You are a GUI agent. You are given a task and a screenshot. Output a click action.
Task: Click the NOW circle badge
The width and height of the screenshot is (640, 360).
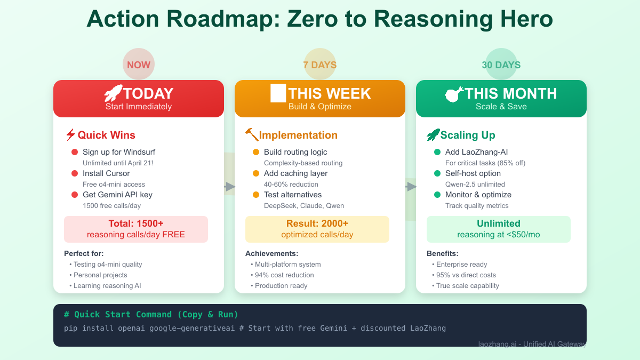(139, 65)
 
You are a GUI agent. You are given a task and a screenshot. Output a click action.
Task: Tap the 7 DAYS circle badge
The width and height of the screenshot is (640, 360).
(320, 65)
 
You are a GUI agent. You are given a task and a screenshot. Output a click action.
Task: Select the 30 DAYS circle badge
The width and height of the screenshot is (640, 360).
(501, 65)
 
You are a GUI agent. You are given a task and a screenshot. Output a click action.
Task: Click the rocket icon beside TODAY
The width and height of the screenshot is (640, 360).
(113, 93)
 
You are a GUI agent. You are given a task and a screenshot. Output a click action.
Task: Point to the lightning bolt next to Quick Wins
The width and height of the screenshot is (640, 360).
(70, 135)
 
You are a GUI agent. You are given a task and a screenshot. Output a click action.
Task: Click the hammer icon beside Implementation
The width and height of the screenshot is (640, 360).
(252, 135)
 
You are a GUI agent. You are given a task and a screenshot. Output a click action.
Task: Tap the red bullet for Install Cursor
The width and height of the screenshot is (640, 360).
(75, 173)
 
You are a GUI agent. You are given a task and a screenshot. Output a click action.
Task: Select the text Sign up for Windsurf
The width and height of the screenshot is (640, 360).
(119, 152)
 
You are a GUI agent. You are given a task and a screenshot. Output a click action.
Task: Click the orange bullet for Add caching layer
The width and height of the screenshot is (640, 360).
(256, 173)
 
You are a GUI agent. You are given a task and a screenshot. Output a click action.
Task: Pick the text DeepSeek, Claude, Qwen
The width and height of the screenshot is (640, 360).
(304, 205)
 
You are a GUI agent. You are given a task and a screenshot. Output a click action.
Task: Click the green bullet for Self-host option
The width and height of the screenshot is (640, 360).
(437, 173)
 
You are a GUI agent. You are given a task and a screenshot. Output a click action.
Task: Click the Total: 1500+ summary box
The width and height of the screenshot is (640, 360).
(136, 229)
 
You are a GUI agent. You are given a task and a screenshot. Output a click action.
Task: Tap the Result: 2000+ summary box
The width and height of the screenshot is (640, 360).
(317, 229)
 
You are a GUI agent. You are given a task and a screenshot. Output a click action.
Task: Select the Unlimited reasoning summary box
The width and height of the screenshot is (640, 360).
(499, 229)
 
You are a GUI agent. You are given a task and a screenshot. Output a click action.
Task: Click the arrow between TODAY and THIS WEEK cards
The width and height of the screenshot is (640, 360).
(230, 186)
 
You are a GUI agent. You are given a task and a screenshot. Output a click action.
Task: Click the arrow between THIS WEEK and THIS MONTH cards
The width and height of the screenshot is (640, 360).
(411, 186)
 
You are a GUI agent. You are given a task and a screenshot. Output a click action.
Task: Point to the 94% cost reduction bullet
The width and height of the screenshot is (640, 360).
(284, 275)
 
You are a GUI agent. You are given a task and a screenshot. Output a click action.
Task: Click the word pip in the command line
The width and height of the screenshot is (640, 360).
(70, 328)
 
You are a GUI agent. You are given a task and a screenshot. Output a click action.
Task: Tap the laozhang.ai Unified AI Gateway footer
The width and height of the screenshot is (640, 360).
(532, 344)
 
